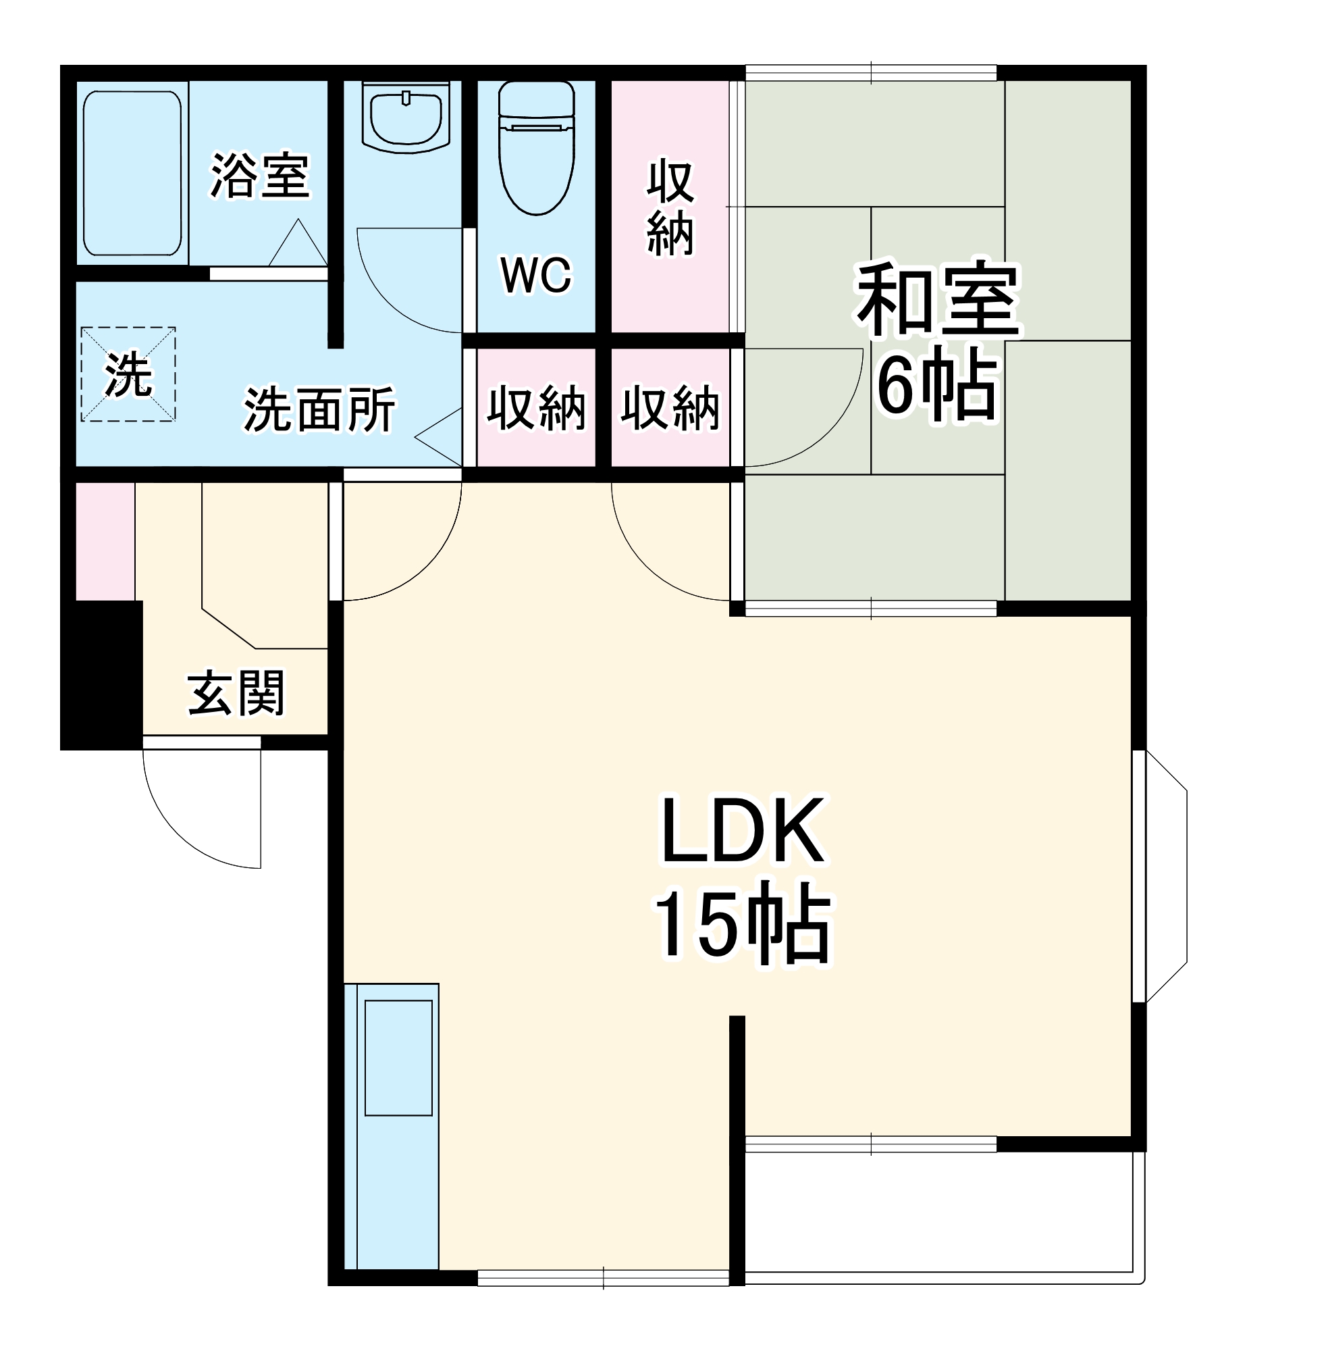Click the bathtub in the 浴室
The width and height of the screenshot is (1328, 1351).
132,173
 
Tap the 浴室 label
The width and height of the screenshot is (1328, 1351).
259,176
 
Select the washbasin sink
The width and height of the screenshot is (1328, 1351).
406,117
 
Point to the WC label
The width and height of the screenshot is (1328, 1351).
535,275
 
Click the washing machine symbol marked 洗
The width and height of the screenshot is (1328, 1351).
128,375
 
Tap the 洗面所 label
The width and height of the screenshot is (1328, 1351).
319,409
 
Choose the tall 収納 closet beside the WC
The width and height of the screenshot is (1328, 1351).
670,207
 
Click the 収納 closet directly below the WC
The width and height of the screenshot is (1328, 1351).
535,407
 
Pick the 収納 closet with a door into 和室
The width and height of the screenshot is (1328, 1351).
670,407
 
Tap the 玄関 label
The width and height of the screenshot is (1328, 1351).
236,693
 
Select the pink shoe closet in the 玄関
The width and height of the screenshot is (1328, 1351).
105,541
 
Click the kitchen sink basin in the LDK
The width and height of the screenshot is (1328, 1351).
398,1057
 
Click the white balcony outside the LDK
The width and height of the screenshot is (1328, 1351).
942,1218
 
